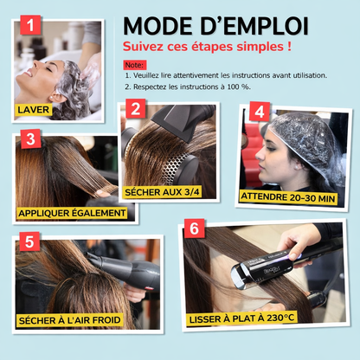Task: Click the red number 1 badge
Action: [31, 26]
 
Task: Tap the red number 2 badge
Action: [134, 109]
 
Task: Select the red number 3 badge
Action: [29, 138]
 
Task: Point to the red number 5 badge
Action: [29, 241]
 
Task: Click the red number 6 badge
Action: [196, 228]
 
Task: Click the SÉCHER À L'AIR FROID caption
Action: [69, 320]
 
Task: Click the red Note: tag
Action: [134, 65]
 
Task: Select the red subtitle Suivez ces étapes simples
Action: [206, 45]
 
